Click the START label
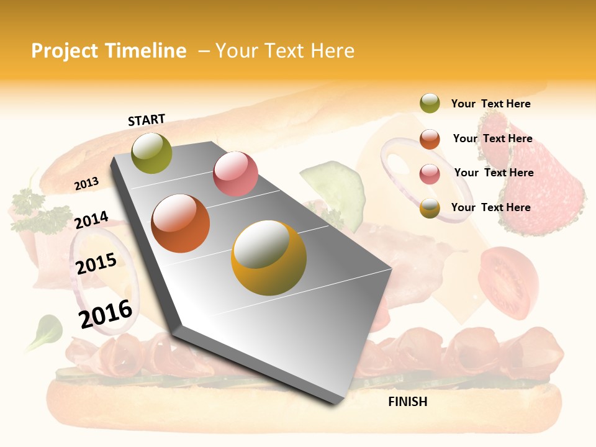click(147, 120)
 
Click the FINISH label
click(408, 402)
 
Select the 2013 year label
click(86, 184)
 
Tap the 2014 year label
click(91, 220)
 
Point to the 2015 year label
click(96, 264)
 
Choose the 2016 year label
click(106, 314)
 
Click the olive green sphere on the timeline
click(152, 153)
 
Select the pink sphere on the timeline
click(235, 174)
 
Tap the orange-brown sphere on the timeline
click(181, 223)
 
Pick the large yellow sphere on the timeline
click(269, 258)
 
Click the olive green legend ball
click(430, 104)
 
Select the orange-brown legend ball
click(430, 139)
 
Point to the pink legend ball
click(430, 173)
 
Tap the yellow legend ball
click(430, 208)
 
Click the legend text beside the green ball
click(490, 104)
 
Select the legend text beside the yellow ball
click(490, 207)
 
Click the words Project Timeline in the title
click(109, 51)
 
